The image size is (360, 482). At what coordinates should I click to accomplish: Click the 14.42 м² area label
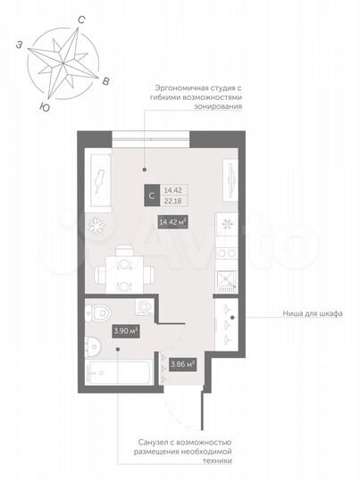(172, 222)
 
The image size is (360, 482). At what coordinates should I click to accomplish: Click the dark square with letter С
(154, 195)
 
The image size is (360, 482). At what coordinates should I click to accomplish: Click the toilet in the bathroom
(102, 312)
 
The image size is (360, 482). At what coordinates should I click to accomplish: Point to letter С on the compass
(81, 17)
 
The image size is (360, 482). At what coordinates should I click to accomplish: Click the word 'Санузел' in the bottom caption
(165, 442)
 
